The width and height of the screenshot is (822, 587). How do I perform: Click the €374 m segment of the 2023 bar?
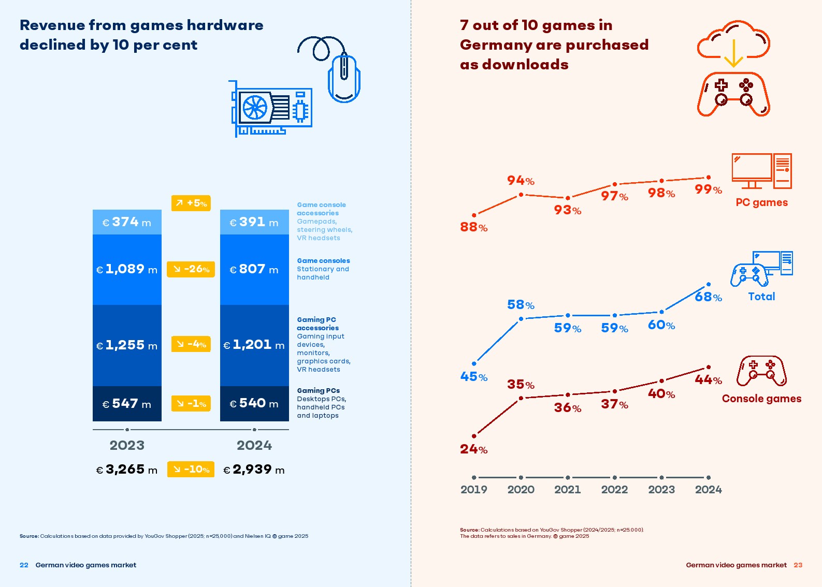coord(127,222)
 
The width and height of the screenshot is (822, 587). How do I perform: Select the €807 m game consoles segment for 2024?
coord(254,269)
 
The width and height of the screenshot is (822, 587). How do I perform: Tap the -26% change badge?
coord(191,269)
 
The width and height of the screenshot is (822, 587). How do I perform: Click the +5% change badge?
coord(191,203)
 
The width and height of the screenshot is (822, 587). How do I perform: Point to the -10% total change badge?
coord(191,469)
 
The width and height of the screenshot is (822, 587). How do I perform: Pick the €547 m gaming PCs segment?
coord(127,404)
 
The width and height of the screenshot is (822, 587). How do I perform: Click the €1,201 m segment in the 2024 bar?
coord(254,345)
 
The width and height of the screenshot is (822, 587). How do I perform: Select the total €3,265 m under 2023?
coord(127,469)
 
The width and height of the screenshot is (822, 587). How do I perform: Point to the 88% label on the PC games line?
coord(473,227)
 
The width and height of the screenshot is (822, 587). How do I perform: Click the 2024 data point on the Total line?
coord(709,284)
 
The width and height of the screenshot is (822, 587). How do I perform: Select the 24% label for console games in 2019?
coord(473,449)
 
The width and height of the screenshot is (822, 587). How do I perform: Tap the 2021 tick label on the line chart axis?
coord(568,490)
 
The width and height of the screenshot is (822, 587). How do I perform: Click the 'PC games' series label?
coord(761,202)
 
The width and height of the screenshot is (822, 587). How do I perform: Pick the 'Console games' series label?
coord(761,399)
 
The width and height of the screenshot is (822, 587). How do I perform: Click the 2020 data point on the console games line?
coord(521,398)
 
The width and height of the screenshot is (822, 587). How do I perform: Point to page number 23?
coord(798,565)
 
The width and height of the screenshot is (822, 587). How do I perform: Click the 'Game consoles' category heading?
coord(323,261)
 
